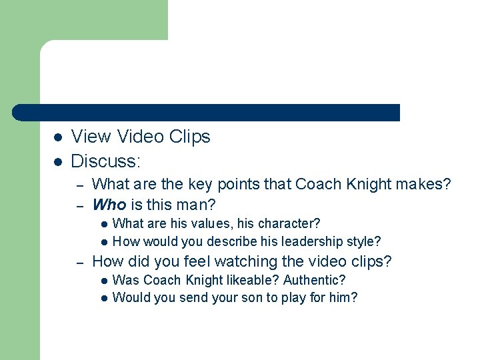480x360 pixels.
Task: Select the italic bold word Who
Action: (x=109, y=203)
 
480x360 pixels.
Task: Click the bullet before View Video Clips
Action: (x=58, y=137)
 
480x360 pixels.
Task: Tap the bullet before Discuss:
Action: (x=58, y=161)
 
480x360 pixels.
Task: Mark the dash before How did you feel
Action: (x=79, y=263)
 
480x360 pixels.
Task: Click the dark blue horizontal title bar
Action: (x=207, y=112)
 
